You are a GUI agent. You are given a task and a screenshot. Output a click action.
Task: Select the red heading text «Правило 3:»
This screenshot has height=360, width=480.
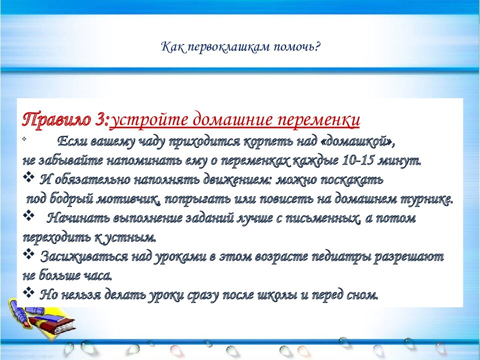(65, 120)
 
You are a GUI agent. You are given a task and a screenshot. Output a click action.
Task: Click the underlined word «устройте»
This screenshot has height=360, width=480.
(149, 120)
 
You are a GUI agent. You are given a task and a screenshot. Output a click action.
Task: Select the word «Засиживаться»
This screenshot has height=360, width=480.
(84, 256)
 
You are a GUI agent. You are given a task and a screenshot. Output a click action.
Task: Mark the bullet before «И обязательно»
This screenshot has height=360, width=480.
(29, 177)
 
